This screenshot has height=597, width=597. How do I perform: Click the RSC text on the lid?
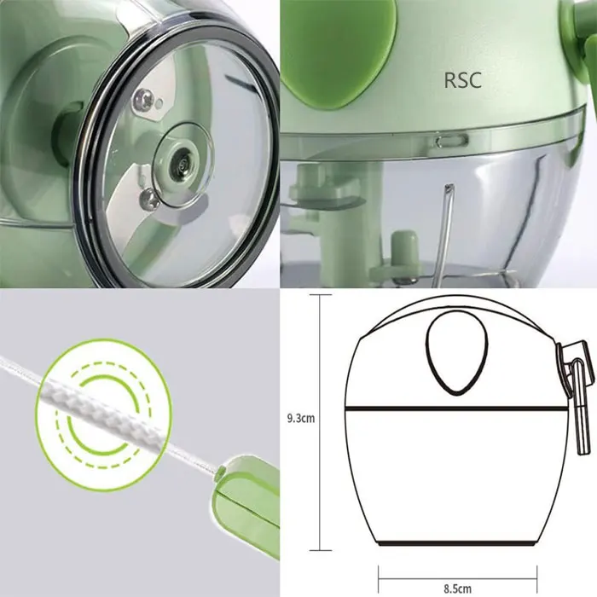tap(463, 81)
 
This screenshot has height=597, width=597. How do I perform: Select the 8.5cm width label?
tap(457, 588)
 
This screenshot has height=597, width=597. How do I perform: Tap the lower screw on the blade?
tap(149, 200)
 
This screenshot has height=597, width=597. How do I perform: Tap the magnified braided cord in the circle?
tap(93, 402)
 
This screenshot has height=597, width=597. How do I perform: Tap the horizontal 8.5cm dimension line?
tap(457, 572)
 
